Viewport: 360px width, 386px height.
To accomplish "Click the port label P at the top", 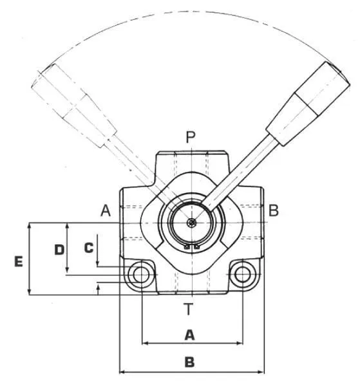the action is (190, 137).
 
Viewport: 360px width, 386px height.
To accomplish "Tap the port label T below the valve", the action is (189, 309).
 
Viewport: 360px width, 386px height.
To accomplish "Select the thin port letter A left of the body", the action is (106, 211).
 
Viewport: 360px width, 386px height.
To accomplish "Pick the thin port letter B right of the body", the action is (274, 211).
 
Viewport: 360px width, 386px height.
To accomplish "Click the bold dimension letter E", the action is (19, 261).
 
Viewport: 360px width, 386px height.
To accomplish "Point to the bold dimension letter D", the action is (59, 250).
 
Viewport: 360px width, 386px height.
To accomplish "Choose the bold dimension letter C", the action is (89, 248).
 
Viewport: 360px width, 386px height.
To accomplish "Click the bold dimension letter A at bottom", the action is (189, 335).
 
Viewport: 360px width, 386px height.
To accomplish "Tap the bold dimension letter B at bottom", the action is (189, 362).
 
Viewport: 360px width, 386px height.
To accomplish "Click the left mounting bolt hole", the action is (141, 274).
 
